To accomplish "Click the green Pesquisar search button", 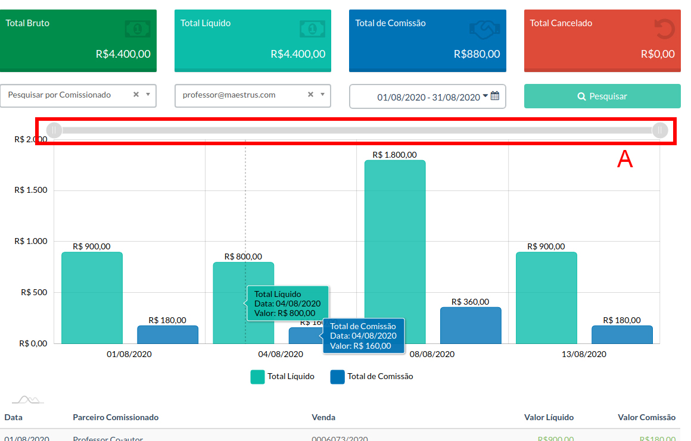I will click(x=602, y=96).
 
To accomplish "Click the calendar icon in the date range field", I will click(x=495, y=96).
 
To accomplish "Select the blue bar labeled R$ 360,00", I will click(x=471, y=325).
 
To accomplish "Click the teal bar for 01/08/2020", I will click(x=92, y=298).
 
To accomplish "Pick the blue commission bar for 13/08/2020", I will click(x=622, y=334).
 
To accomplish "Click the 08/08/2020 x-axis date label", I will click(x=432, y=354).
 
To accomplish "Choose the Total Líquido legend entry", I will click(x=282, y=377).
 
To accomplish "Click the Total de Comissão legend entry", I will click(x=372, y=377).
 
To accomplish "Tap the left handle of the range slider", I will click(x=54, y=130).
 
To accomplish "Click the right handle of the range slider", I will click(x=660, y=130).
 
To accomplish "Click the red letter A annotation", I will click(x=624, y=159).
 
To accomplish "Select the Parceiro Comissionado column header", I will click(x=116, y=418).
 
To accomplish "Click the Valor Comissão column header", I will click(x=646, y=418).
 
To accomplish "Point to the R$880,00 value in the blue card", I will click(x=477, y=54).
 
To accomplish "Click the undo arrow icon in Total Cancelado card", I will click(x=664, y=29).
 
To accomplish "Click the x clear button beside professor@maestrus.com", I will click(x=310, y=95).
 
